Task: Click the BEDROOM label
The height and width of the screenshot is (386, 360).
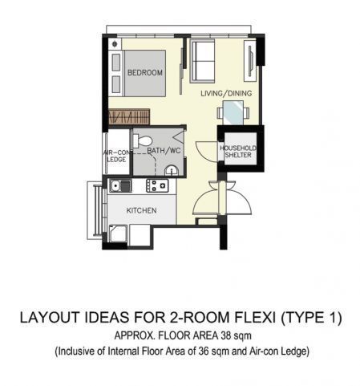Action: (145, 72)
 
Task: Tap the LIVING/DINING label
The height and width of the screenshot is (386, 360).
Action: (226, 93)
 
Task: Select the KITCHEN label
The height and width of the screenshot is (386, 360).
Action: (141, 210)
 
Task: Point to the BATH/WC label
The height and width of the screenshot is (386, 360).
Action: (164, 151)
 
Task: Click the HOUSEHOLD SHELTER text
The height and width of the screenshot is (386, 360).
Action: (238, 152)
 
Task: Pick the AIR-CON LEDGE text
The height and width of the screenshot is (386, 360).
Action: (117, 156)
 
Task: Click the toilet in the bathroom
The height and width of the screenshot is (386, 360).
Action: (142, 141)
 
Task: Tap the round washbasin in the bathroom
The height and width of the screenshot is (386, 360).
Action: (171, 170)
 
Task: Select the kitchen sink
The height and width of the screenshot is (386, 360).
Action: (120, 185)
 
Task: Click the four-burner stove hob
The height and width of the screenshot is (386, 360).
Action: (157, 185)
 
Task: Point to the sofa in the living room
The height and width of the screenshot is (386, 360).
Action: (202, 61)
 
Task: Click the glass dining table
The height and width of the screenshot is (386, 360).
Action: (233, 112)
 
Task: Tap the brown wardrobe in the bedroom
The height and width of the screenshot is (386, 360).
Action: (129, 117)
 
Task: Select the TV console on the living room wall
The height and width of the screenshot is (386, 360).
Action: (250, 61)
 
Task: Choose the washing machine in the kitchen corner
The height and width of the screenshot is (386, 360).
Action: (118, 234)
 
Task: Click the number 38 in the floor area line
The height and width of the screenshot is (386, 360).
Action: (226, 335)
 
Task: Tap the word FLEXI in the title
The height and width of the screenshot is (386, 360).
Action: (256, 318)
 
